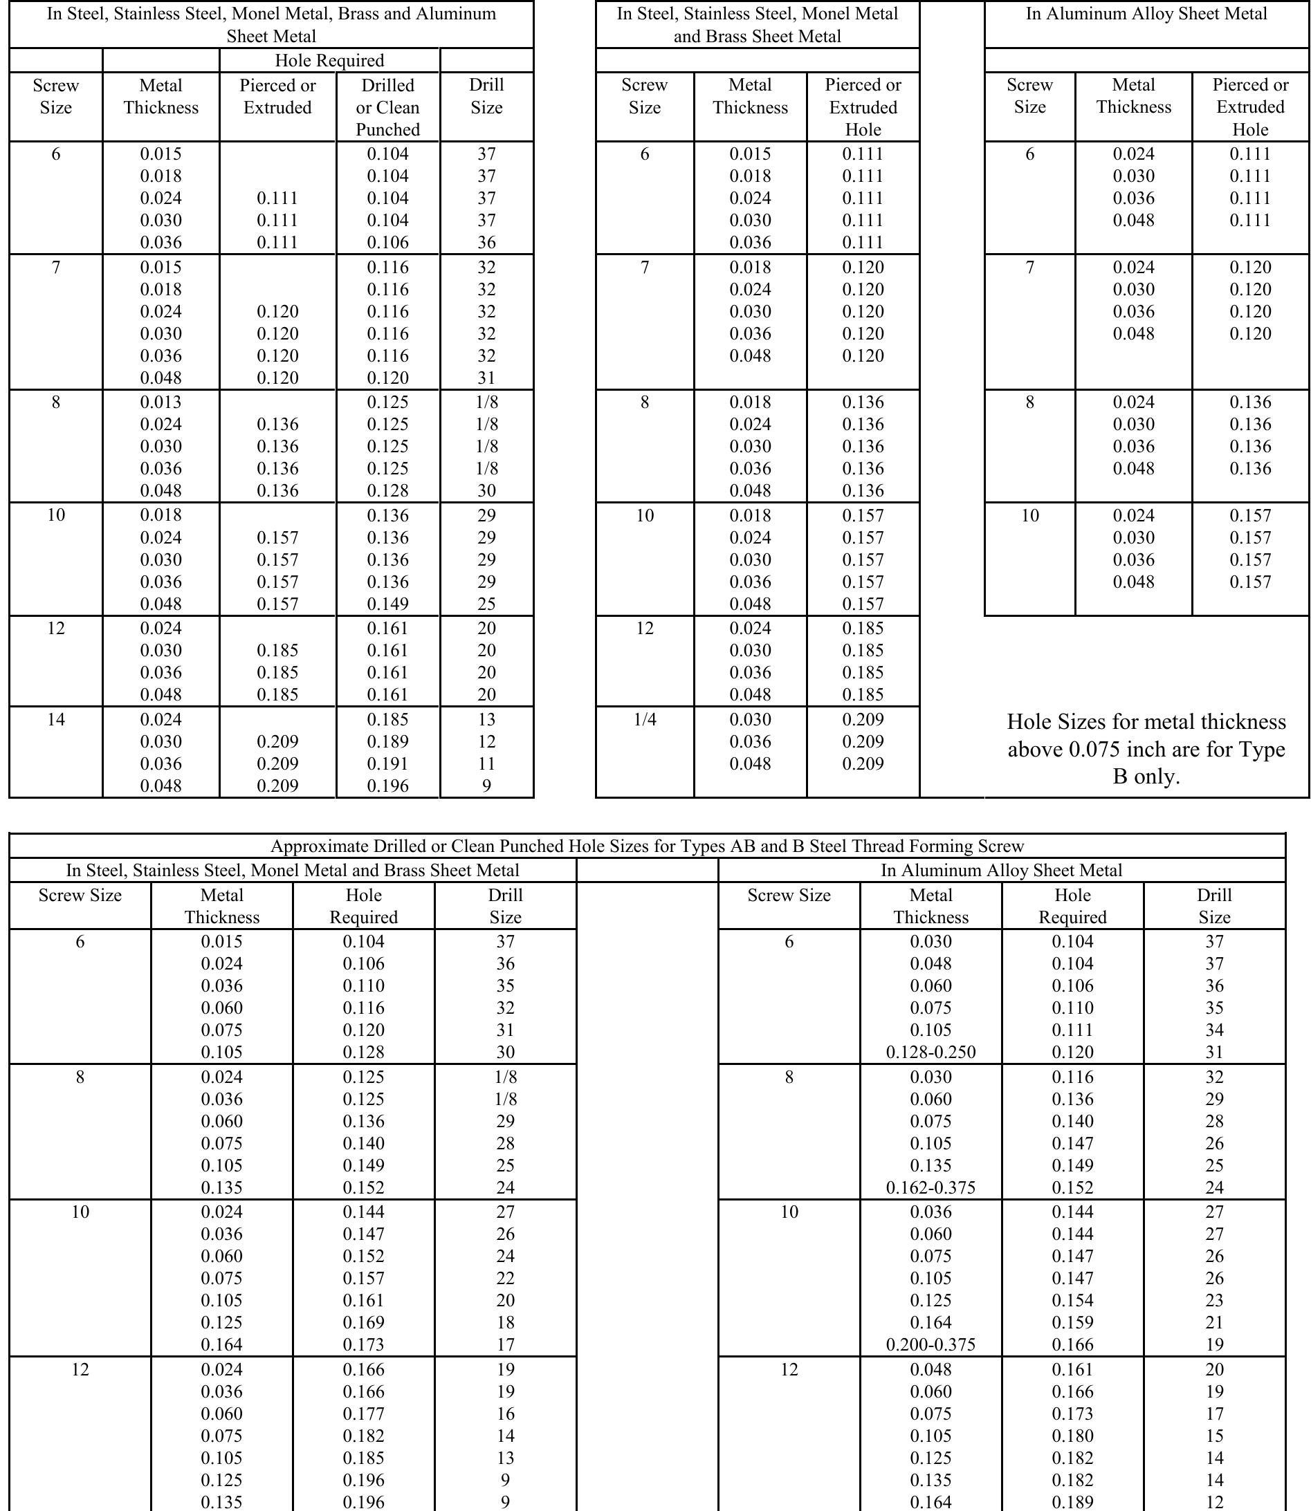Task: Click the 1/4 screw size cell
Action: click(x=645, y=720)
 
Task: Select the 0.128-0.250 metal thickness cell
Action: click(x=930, y=1053)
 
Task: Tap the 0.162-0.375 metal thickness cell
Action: click(x=930, y=1188)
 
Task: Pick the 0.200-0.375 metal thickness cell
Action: click(x=930, y=1344)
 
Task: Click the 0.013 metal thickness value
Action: click(x=161, y=402)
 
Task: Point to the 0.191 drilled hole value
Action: click(x=387, y=763)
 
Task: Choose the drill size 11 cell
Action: click(x=486, y=763)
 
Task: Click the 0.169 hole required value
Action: click(x=364, y=1322)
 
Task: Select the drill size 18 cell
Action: click(x=506, y=1322)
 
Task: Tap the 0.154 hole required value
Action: click(x=1072, y=1300)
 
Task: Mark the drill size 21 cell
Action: click(x=1214, y=1322)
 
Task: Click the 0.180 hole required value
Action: click(x=1072, y=1436)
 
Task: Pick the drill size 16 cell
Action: click(x=506, y=1413)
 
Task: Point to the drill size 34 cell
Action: click(x=1214, y=1030)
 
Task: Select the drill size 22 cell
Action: click(x=506, y=1279)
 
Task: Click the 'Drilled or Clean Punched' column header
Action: click(x=387, y=106)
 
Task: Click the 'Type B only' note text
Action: click(x=1146, y=749)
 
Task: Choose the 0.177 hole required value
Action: click(x=364, y=1413)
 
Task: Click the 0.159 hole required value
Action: click(x=1072, y=1322)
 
